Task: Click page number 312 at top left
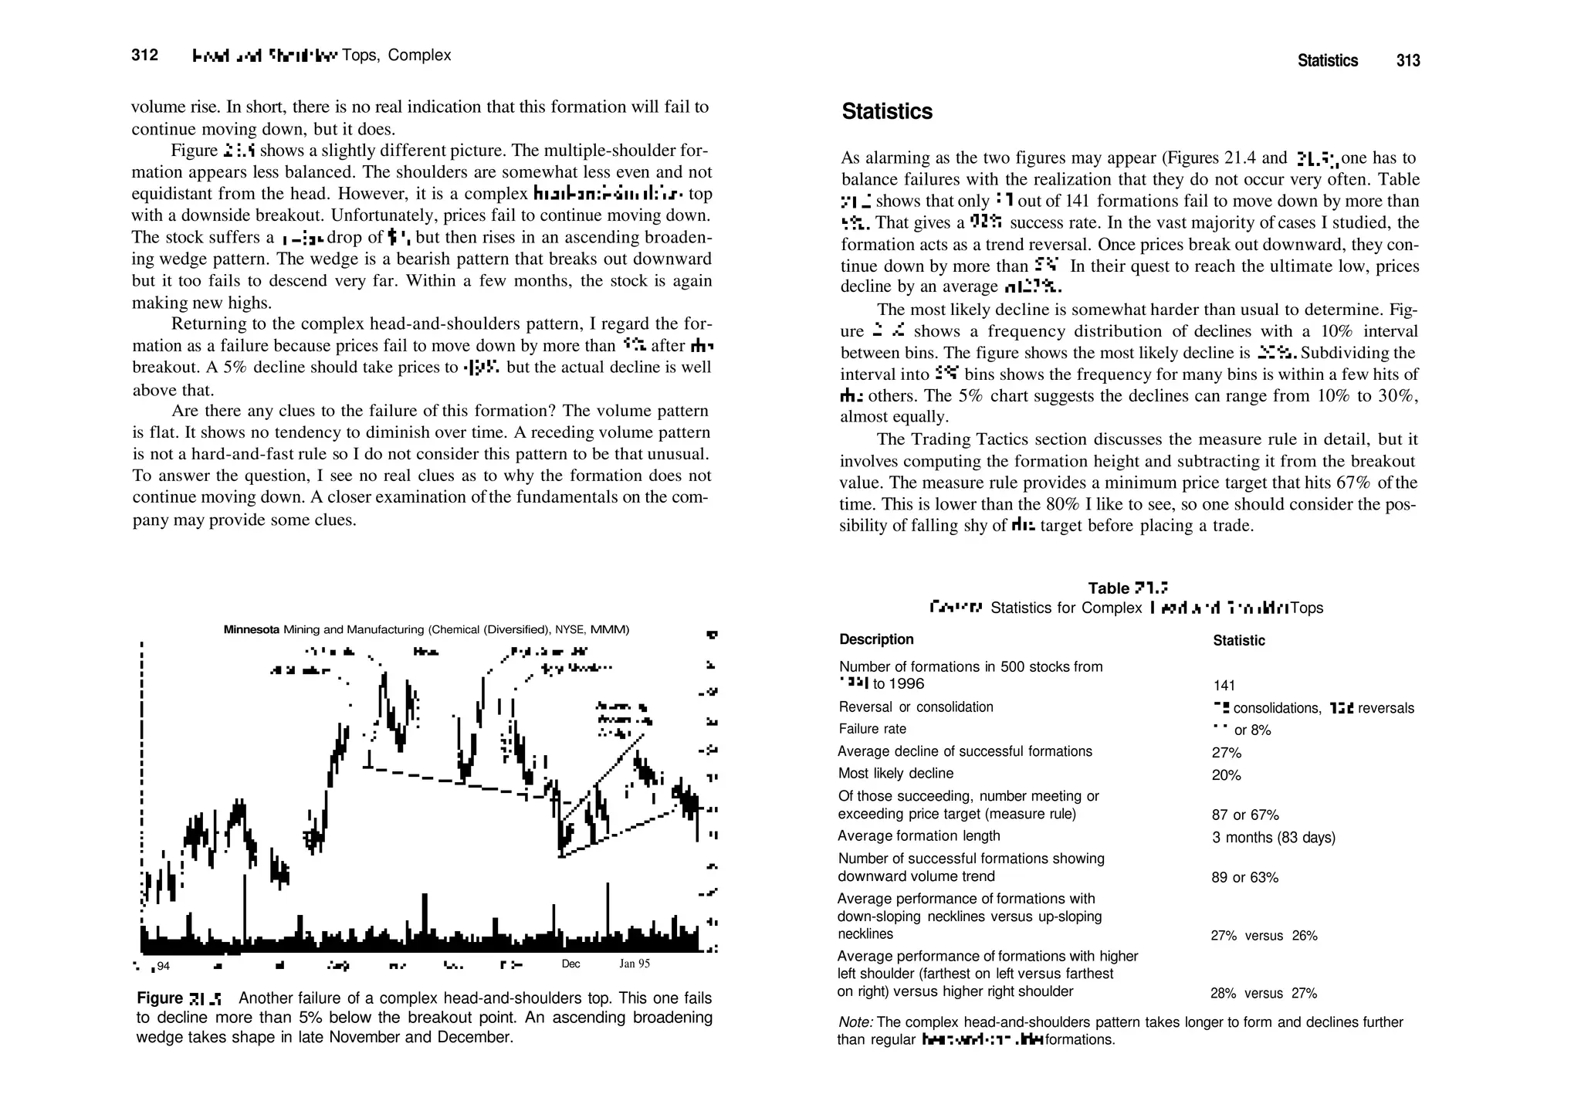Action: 144,55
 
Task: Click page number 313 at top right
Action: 1408,61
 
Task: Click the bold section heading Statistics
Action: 887,112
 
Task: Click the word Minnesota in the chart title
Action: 252,629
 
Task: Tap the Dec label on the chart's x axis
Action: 570,964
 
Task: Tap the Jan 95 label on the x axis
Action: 635,964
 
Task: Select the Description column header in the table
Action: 876,639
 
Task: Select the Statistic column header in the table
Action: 1239,641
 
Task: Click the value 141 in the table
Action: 1224,686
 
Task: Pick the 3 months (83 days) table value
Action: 1274,838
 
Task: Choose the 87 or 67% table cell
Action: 1245,815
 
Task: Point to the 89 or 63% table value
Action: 1245,878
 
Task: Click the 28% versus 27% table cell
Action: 1264,994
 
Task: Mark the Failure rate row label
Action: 872,729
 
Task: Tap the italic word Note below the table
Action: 855,1022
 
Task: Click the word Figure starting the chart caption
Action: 160,998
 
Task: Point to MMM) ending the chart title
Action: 610,629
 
